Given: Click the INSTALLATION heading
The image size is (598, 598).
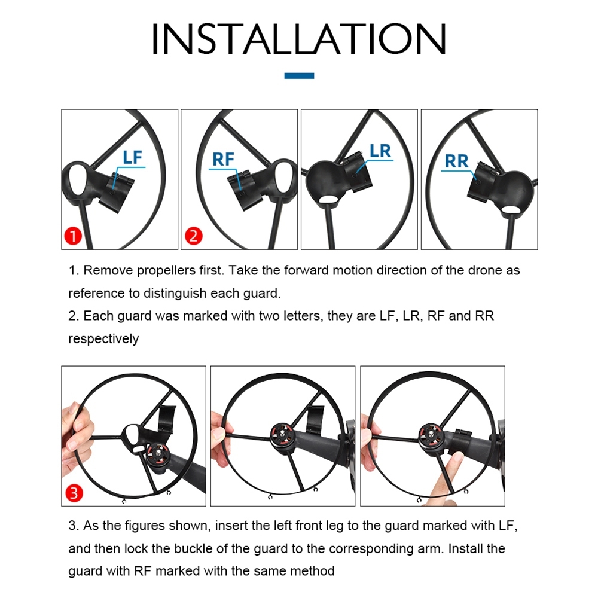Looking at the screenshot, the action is pyautogui.click(x=298, y=38).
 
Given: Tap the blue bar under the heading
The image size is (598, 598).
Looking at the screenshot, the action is pyautogui.click(x=299, y=75).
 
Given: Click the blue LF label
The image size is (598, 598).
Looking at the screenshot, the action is pyautogui.click(x=132, y=157).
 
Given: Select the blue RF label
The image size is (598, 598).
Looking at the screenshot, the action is pyautogui.click(x=223, y=160).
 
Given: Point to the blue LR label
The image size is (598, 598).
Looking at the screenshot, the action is pyautogui.click(x=380, y=151).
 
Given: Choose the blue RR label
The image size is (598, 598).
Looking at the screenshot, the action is pyautogui.click(x=456, y=161).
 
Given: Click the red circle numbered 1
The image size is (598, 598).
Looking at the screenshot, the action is pyautogui.click(x=73, y=236).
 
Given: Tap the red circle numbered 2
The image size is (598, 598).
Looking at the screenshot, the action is pyautogui.click(x=193, y=236).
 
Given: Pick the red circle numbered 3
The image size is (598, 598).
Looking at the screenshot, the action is pyautogui.click(x=74, y=493).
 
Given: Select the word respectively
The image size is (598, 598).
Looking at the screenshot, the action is pyautogui.click(x=103, y=338).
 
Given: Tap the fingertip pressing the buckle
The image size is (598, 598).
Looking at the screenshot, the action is pyautogui.click(x=455, y=459).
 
